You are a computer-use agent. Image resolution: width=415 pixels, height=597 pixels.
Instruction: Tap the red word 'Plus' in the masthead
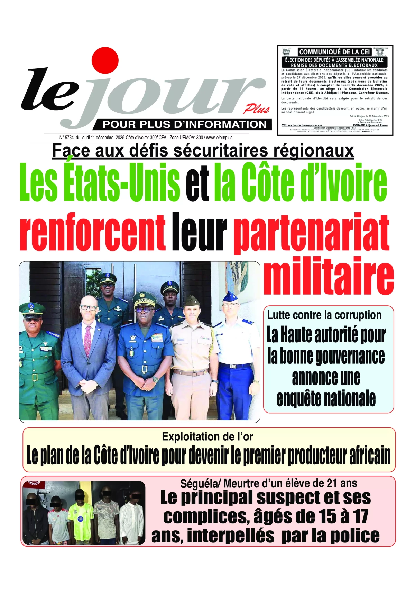coord(256,109)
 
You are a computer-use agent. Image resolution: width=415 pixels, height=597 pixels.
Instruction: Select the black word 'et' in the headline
coord(197,183)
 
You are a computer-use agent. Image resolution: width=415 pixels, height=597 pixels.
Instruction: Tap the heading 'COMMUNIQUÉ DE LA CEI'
coord(334,52)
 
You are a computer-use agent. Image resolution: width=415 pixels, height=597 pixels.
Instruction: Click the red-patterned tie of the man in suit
coord(87,340)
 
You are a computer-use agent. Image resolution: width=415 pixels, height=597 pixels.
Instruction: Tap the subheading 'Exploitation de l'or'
coord(207,437)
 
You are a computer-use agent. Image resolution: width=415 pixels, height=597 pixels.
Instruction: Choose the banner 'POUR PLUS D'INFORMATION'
coord(185,124)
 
